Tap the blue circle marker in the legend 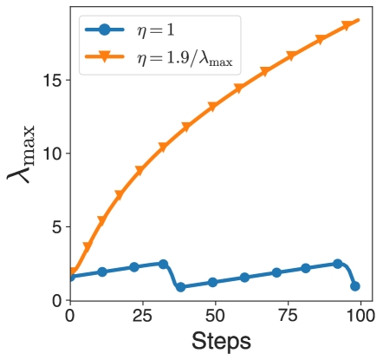[104, 30]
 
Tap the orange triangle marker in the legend [104, 58]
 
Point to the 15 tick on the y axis [58, 80]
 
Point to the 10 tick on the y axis [58, 154]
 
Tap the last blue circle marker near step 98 [354, 286]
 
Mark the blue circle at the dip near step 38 [180, 286]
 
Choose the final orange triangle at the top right [354, 20]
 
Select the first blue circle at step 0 [71, 278]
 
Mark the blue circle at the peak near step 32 [163, 264]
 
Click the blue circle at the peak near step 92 [337, 264]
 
